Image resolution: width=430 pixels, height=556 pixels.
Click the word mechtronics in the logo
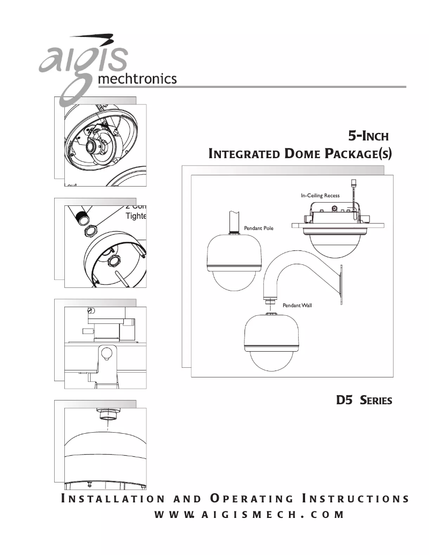click(x=137, y=79)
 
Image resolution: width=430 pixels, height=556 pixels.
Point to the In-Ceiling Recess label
click(x=320, y=196)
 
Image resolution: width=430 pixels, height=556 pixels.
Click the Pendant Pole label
click(x=258, y=228)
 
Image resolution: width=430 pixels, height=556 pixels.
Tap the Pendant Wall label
click(x=297, y=305)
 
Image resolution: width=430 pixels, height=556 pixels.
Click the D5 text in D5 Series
click(x=343, y=400)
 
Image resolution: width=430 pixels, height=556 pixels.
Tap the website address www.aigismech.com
click(x=249, y=515)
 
